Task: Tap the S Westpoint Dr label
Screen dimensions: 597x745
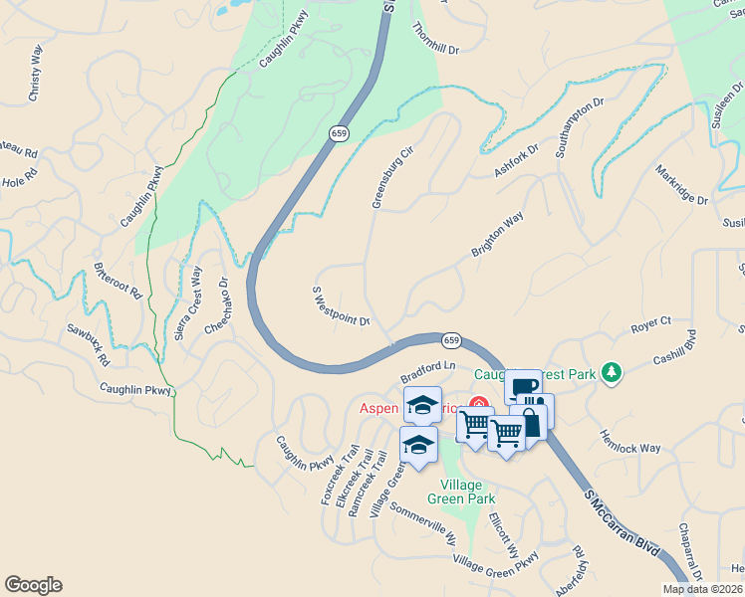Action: tap(342, 306)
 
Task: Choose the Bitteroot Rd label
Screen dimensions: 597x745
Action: tap(118, 284)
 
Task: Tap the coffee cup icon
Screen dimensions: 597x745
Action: tap(523, 386)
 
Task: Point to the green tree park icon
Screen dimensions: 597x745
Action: tap(612, 374)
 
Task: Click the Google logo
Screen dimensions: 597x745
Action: tap(33, 585)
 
